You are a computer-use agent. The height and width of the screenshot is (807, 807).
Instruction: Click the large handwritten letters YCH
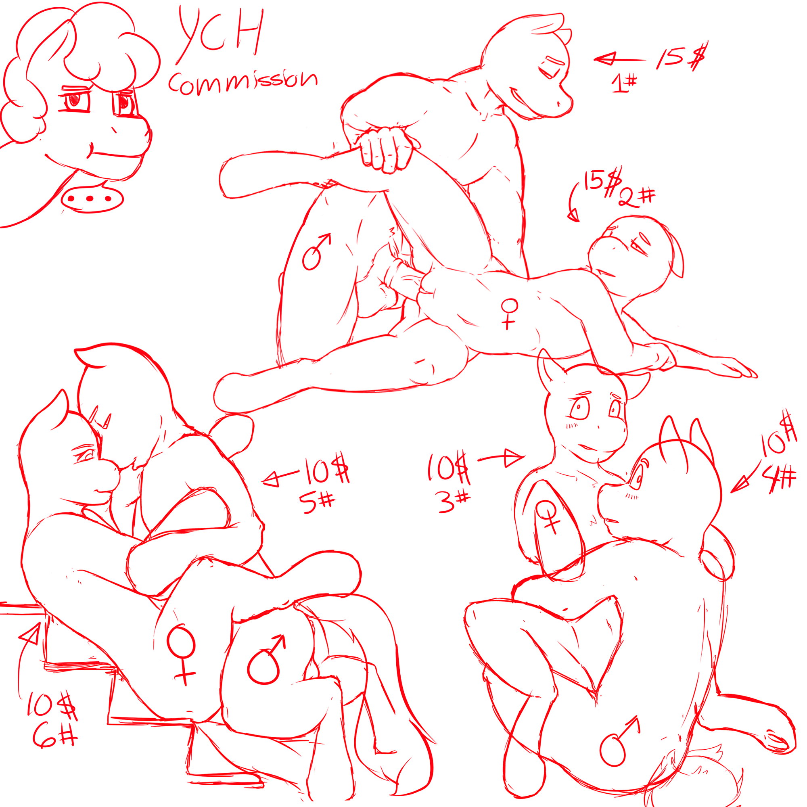tap(221, 34)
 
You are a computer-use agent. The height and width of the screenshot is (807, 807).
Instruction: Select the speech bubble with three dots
tap(92, 199)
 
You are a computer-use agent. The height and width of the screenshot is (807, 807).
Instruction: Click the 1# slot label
tap(624, 83)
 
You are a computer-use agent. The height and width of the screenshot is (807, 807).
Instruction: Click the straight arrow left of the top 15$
tap(620, 59)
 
